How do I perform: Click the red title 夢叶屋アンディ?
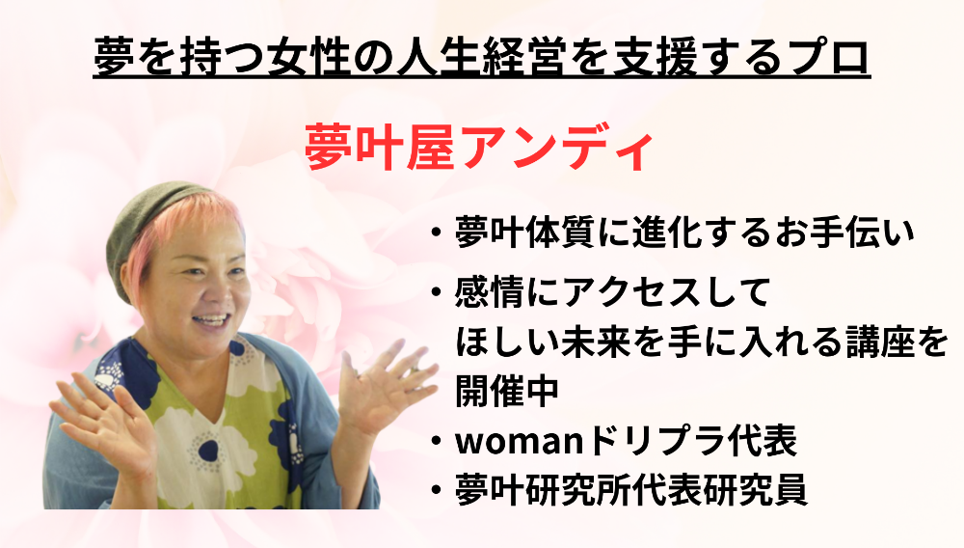coord(478,150)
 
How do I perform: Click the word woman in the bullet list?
coord(522,441)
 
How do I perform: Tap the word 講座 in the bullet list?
coord(871,342)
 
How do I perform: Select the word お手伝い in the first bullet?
coord(845,233)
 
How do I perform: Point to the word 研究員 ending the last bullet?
coord(755,489)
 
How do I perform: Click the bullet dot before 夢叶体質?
coord(436,233)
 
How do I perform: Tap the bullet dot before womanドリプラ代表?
coord(436,441)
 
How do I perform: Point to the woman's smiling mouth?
coord(211,320)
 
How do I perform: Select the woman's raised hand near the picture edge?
coord(104,418)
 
